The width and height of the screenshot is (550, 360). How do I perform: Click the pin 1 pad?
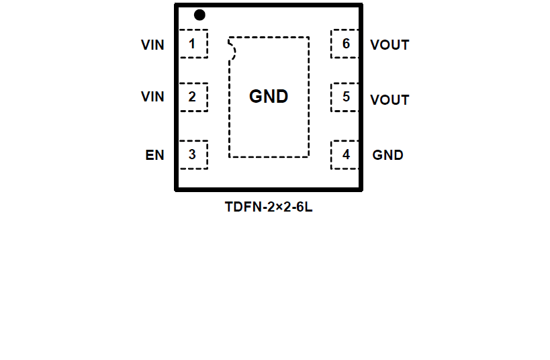pyautogui.click(x=193, y=44)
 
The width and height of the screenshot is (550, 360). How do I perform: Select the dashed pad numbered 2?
pyautogui.click(x=193, y=97)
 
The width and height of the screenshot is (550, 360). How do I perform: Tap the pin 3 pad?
pyautogui.click(x=193, y=154)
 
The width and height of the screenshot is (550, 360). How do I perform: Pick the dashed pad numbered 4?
pyautogui.click(x=345, y=154)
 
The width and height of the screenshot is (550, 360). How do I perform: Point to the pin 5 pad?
pyautogui.click(x=345, y=97)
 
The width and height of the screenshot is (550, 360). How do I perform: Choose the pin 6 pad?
pyautogui.click(x=345, y=44)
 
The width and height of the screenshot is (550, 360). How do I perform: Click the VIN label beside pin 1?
pyautogui.click(x=152, y=45)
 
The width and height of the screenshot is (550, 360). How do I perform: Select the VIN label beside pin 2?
pyautogui.click(x=152, y=97)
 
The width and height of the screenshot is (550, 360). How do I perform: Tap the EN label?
pyautogui.click(x=154, y=155)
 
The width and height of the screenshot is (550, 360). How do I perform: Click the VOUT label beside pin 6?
pyautogui.click(x=389, y=45)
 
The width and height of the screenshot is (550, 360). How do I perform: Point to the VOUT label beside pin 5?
pyautogui.click(x=389, y=100)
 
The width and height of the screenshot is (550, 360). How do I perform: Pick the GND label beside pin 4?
pyautogui.click(x=388, y=155)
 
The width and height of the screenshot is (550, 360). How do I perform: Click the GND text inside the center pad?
pyautogui.click(x=269, y=97)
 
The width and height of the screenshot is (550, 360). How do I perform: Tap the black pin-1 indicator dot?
pyautogui.click(x=199, y=15)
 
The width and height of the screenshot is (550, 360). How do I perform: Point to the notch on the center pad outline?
pyautogui.click(x=233, y=50)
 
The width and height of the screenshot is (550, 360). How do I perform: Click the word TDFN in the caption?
pyautogui.click(x=239, y=207)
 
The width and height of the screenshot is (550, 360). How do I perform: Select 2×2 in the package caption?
pyautogui.click(x=277, y=207)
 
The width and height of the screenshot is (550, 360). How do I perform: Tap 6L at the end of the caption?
pyautogui.click(x=304, y=207)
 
